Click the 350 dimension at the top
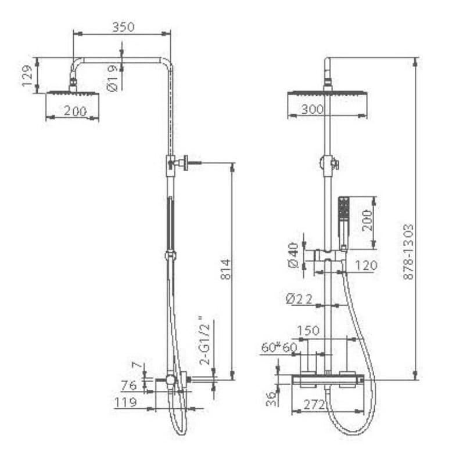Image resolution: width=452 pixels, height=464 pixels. [x=123, y=27]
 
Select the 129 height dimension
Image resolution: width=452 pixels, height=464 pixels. [x=27, y=75]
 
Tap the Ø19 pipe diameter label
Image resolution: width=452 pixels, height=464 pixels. [x=113, y=78]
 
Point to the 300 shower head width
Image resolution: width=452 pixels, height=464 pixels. [x=312, y=109]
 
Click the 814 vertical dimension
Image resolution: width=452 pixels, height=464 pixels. [x=226, y=269]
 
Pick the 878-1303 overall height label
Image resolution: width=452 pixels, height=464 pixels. [x=409, y=252]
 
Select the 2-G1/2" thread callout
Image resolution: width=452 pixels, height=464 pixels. [x=205, y=340]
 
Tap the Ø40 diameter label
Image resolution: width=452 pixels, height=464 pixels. [x=293, y=255]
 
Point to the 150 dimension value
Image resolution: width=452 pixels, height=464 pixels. [x=308, y=330]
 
